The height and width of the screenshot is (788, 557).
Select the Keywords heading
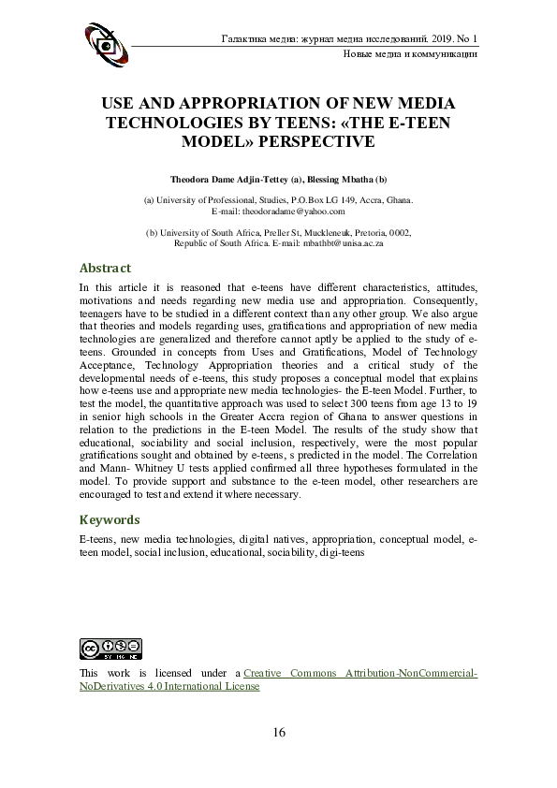tap(110, 519)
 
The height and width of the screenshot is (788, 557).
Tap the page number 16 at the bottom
tap(278, 731)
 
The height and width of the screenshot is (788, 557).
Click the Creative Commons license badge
tap(110, 648)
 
